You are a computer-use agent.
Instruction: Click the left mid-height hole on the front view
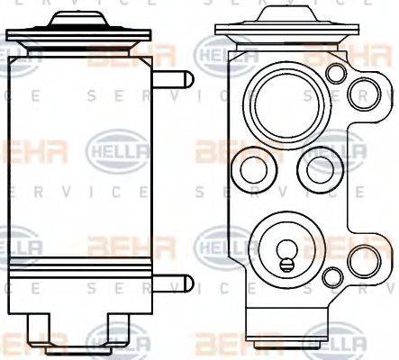click(x=249, y=167)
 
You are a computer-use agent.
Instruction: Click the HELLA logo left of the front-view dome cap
click(x=219, y=56)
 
